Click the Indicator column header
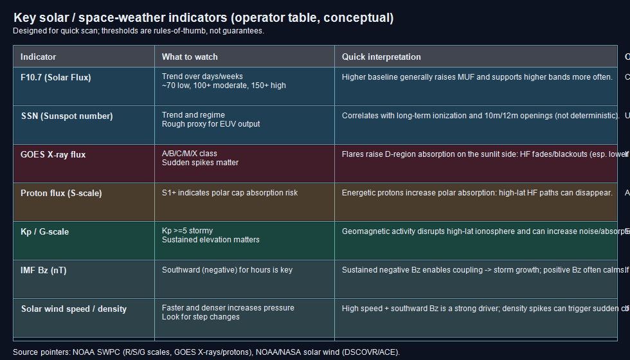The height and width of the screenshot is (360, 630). pos(39,57)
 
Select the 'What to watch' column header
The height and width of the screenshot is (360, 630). pos(190,57)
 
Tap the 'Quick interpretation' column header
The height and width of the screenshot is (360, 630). pos(381,57)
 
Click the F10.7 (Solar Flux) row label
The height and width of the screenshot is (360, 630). pos(56,78)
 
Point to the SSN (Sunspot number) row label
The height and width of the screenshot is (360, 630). pos(67,116)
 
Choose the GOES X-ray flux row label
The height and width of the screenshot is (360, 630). pos(53,155)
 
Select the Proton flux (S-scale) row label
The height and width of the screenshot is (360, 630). pos(61,194)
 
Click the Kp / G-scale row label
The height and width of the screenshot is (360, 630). pos(45,232)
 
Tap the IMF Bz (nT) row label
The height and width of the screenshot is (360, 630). pos(44,271)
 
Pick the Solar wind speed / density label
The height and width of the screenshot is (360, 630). pos(74,309)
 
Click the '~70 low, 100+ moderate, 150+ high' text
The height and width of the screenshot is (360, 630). pos(224,85)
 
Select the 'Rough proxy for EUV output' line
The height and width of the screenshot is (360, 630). pos(211,124)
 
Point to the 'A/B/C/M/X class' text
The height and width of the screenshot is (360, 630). pos(190,154)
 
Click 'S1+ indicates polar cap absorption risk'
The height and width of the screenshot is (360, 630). pos(230,193)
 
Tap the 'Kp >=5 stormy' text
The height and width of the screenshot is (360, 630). pos(187,231)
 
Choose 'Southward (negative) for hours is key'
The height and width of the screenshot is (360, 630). pos(227,270)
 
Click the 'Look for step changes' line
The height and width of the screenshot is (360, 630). pos(201,317)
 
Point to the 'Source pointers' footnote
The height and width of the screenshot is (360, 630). pos(206,352)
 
